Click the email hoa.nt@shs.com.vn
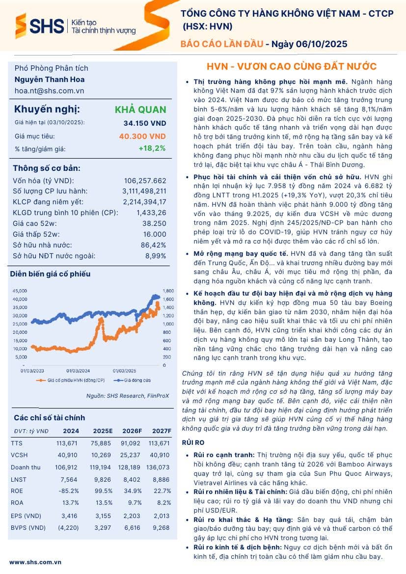point(49,91)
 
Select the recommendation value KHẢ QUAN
point(140,109)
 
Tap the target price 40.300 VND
point(142,136)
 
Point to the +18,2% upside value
point(152,148)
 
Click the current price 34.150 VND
point(145,123)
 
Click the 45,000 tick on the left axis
point(20,291)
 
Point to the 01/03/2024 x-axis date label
point(78,371)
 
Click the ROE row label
point(17,491)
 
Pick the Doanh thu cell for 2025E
point(102,467)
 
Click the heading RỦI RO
point(190,442)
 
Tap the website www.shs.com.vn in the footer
point(35,562)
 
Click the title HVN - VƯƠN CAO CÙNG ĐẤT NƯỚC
point(292,67)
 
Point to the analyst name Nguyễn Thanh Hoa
point(49,80)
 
